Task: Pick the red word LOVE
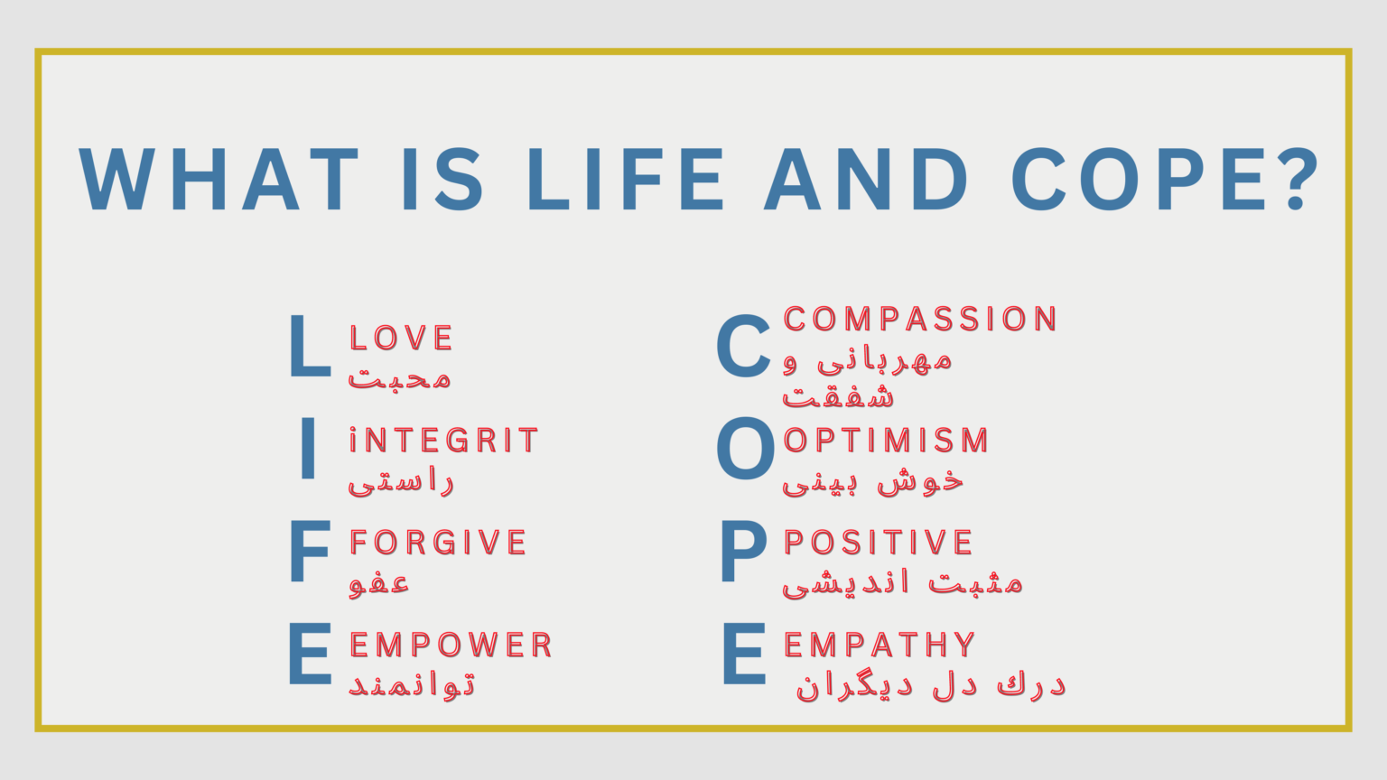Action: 402,339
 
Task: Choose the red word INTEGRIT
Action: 444,441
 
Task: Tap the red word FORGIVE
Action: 439,543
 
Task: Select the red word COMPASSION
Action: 921,319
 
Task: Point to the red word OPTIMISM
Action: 887,441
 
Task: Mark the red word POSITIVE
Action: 879,543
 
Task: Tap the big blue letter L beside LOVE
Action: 310,347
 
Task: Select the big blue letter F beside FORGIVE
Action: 310,552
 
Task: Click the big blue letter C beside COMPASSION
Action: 744,347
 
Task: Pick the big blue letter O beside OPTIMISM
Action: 745,449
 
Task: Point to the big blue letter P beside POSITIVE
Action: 743,552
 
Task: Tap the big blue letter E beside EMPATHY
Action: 744,654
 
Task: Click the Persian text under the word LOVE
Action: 400,378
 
